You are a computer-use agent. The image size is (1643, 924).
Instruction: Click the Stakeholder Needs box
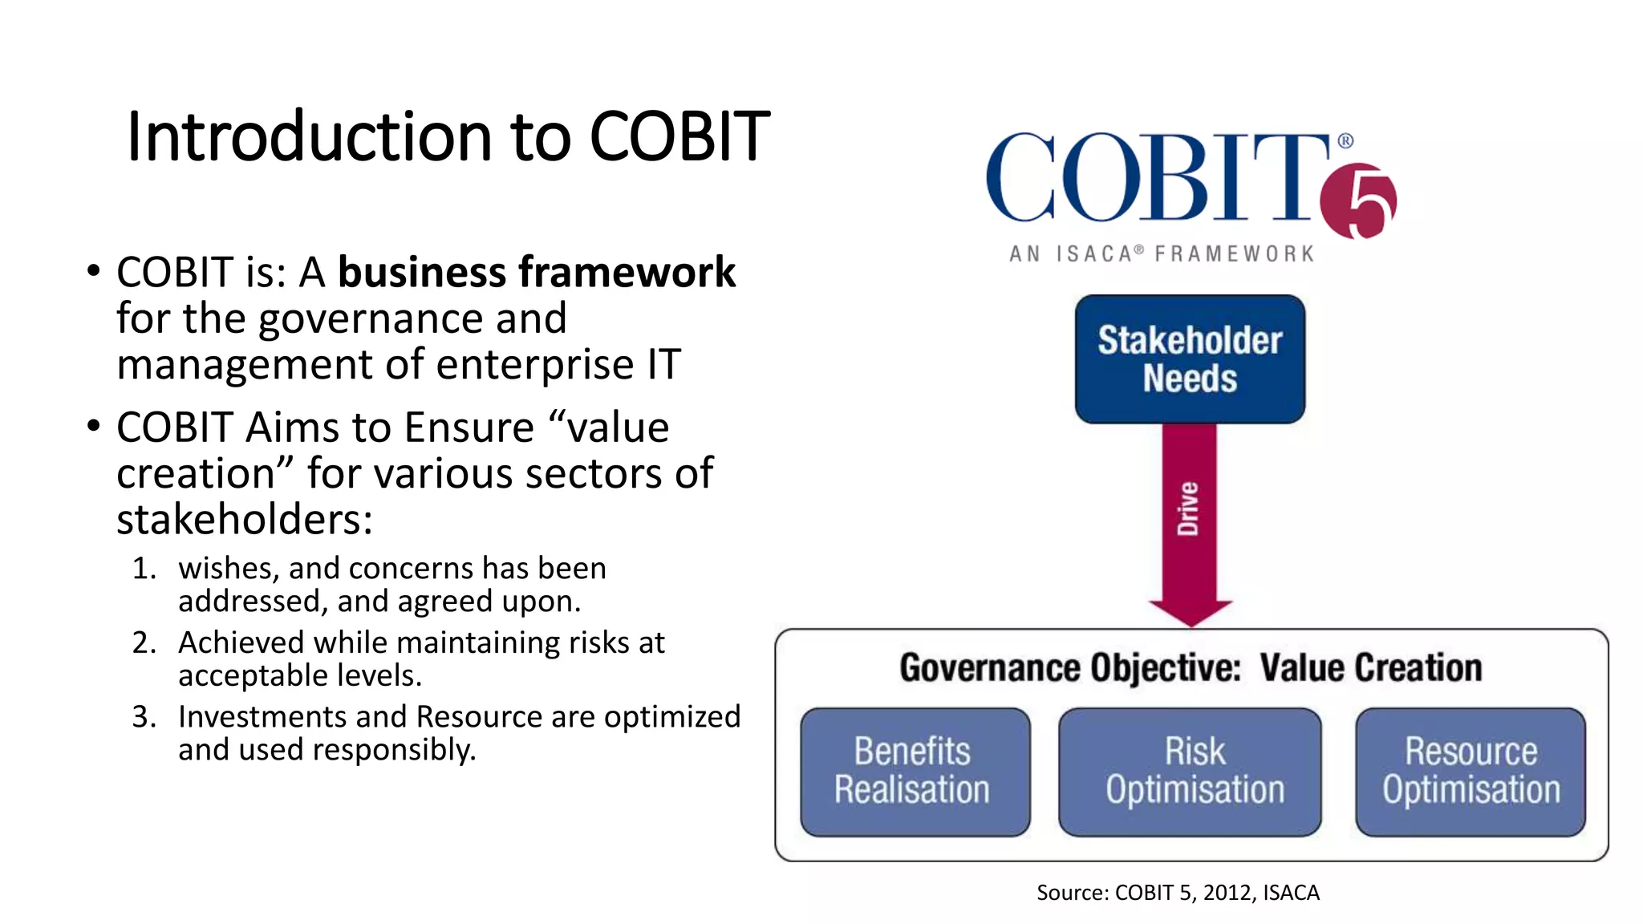coord(1190,359)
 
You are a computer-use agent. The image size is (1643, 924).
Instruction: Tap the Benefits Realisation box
coord(915,772)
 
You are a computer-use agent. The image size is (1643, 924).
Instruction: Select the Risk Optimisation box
coord(1190,772)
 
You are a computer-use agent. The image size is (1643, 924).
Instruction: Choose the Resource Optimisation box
coord(1470,772)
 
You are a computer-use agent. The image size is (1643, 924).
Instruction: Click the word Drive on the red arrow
coord(1188,509)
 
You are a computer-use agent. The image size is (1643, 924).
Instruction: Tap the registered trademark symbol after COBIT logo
coord(1345,141)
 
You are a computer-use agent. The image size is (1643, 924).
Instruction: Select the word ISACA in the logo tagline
coord(1094,254)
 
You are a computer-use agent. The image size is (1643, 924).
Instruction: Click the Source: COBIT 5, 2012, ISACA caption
coord(1177,893)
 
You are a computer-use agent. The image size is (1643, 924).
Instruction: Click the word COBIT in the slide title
coord(680,137)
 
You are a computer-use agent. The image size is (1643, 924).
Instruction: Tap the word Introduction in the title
coord(309,137)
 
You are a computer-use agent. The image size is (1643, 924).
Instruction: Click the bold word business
coord(422,274)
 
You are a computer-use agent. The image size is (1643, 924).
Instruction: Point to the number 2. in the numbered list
coord(144,643)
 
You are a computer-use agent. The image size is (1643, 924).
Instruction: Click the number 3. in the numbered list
coord(144,717)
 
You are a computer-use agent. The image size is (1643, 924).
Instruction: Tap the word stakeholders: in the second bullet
coord(245,520)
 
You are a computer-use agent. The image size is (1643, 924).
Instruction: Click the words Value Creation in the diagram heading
coord(1370,668)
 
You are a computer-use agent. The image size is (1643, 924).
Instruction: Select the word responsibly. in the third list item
coord(394,751)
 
